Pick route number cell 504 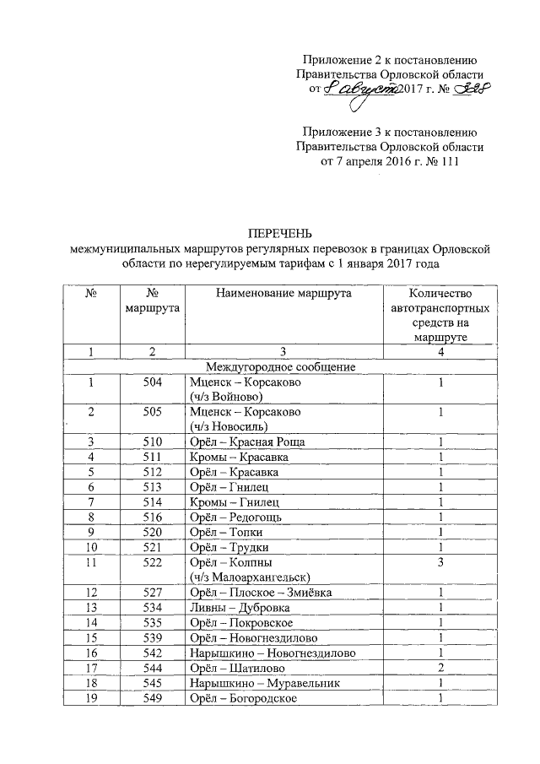point(153,382)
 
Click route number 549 point(153,698)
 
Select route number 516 point(153,516)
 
